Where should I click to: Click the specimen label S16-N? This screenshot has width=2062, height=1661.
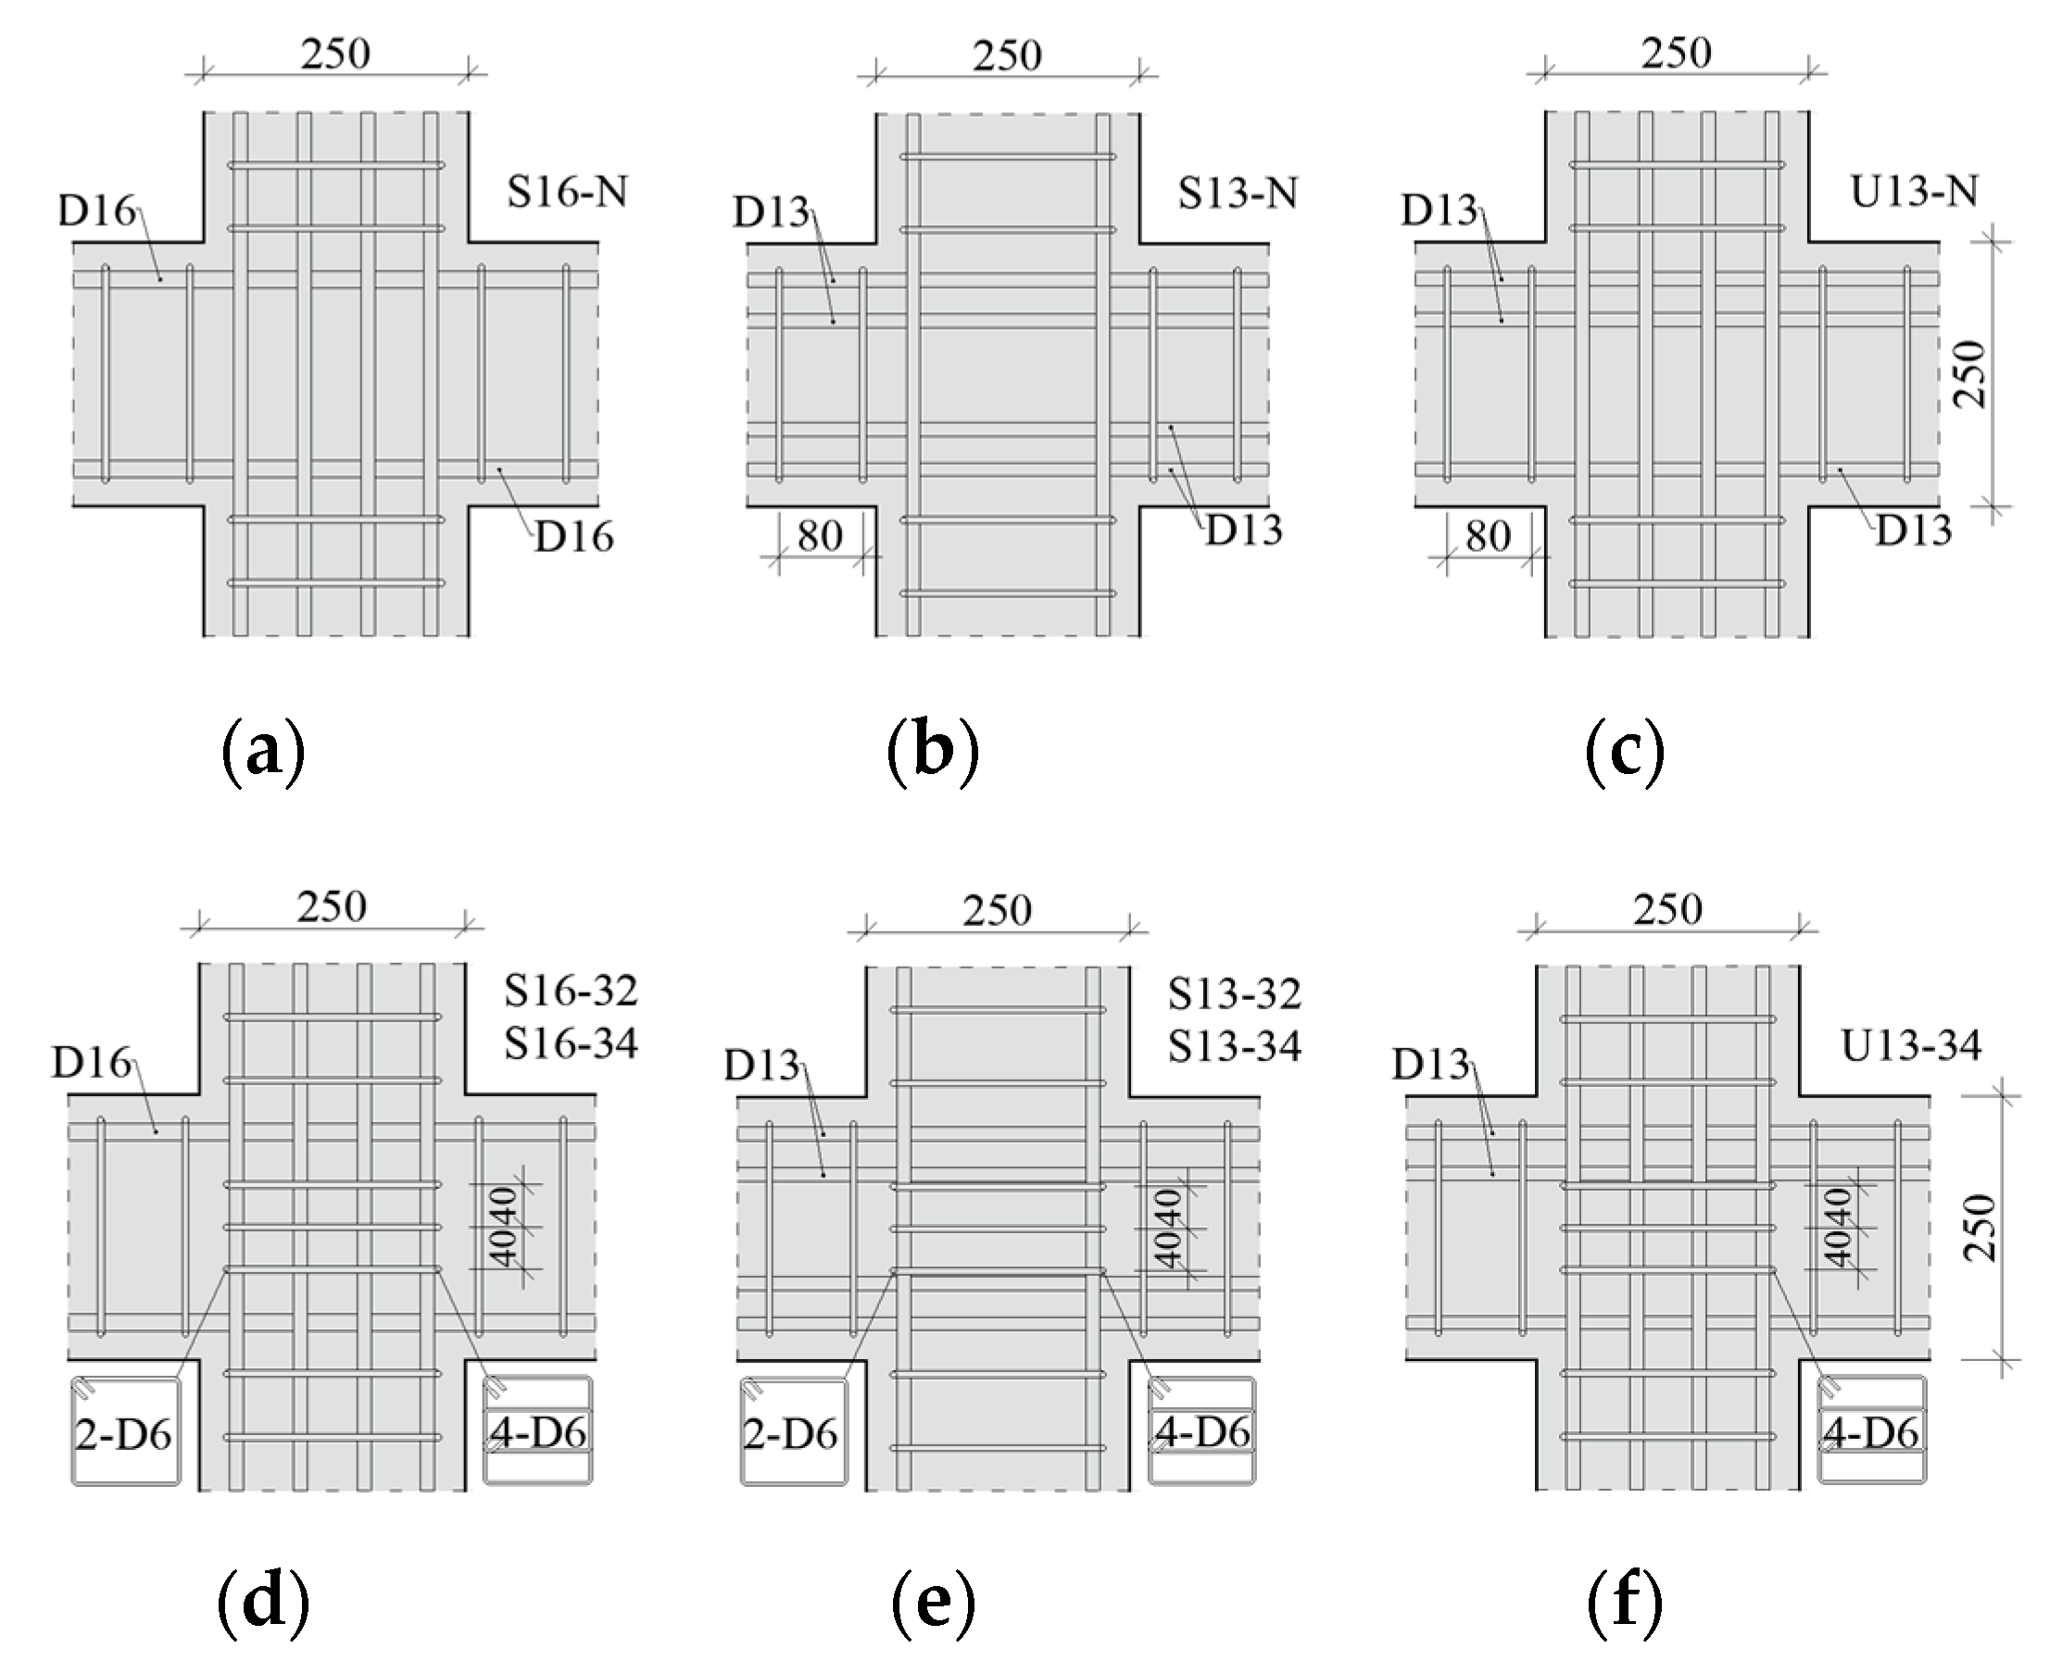567,194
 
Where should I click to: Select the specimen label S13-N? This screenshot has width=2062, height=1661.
1238,194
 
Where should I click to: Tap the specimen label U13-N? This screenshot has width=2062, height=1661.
1913,193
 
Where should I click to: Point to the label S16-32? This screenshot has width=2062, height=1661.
571,992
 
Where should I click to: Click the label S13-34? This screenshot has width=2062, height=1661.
1234,1047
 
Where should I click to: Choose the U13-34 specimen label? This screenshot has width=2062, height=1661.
1911,1046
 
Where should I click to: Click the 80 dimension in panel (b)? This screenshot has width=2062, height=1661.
820,537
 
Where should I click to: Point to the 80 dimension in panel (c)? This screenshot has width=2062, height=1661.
1488,537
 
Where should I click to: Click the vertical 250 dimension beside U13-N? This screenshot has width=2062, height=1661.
1970,374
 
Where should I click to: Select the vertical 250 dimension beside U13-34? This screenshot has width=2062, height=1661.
1978,1228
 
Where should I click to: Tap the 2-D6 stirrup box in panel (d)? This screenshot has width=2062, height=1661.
124,1432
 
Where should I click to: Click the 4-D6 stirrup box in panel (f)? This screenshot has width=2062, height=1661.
1870,1432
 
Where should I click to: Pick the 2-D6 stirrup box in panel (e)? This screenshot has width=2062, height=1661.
792,1432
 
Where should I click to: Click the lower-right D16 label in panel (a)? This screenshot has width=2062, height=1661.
572,538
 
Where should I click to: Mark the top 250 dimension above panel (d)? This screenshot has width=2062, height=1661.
332,907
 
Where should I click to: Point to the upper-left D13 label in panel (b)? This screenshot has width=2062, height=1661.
771,212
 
